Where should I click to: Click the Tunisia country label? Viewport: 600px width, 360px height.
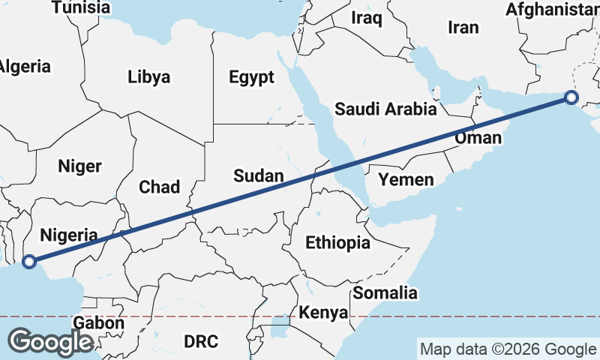point(81,7)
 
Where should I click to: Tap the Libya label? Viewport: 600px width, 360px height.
point(148,76)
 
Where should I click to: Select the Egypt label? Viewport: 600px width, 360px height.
point(251,76)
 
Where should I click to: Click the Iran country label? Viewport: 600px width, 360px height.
point(463,28)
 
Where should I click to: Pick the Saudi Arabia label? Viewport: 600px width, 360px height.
point(385,109)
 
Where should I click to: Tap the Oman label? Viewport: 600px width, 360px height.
point(478,138)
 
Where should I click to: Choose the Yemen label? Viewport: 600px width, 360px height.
point(406,179)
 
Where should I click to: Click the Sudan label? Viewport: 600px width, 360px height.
point(259,176)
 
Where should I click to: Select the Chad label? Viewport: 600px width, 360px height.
point(159,186)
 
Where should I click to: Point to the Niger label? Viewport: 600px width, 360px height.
point(79,166)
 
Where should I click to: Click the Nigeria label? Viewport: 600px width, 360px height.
point(68,234)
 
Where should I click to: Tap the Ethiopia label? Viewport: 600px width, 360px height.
point(337,242)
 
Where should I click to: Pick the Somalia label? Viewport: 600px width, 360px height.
point(385,292)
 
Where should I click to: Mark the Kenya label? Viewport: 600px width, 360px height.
point(323,312)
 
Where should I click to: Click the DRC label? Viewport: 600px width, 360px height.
point(201,341)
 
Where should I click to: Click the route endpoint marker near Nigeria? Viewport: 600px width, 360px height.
point(29,262)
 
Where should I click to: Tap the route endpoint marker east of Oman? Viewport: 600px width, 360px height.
point(571,97)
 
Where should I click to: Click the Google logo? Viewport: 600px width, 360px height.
point(50,342)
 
